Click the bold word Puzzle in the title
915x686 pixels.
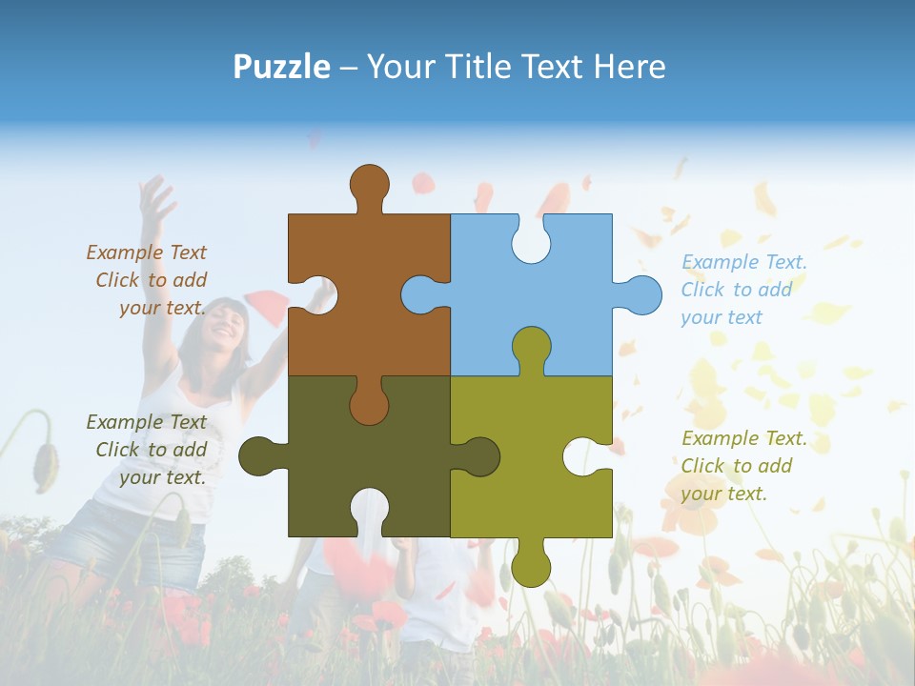coord(282,67)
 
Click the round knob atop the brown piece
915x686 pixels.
coord(369,183)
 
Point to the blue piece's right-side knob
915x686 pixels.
coord(640,294)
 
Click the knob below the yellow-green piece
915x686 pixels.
coord(531,566)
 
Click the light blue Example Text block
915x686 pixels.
coord(743,290)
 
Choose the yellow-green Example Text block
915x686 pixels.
coord(743,466)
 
